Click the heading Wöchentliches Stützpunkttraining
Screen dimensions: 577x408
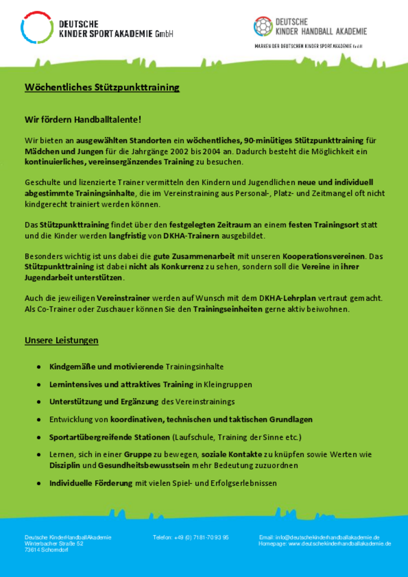coord(102,88)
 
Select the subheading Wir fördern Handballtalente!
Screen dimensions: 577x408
coord(83,119)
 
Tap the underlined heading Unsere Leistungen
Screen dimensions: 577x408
coord(61,340)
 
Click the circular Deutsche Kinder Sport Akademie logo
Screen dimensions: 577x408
coord(36,27)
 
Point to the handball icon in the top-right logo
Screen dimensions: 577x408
coord(263,26)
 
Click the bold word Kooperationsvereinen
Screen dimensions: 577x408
coord(324,256)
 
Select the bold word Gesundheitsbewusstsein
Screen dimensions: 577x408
coord(141,465)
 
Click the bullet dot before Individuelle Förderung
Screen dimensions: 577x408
coord(38,484)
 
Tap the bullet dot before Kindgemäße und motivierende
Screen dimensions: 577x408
coord(38,367)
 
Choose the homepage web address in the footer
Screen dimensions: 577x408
coord(340,544)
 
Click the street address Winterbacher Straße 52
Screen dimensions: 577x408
coord(54,544)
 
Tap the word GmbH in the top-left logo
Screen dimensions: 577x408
coord(164,35)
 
